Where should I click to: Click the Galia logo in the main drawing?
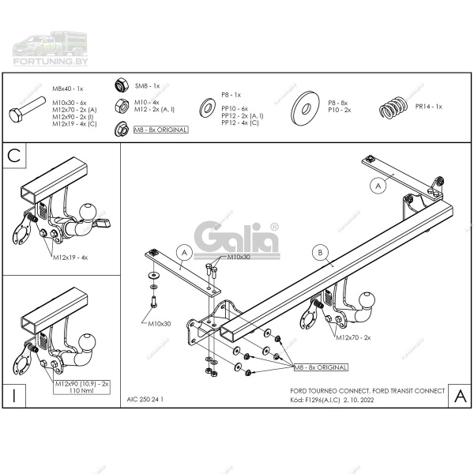[x=236, y=237]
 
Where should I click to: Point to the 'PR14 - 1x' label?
[x=429, y=106]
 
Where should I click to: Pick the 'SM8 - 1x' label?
[x=147, y=85]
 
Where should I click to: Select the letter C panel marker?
[x=13, y=156]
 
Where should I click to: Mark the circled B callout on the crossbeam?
[x=320, y=253]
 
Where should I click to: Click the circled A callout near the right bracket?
[x=378, y=186]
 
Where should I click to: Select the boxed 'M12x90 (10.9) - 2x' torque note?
[x=83, y=386]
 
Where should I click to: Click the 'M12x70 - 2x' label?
[x=354, y=337]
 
